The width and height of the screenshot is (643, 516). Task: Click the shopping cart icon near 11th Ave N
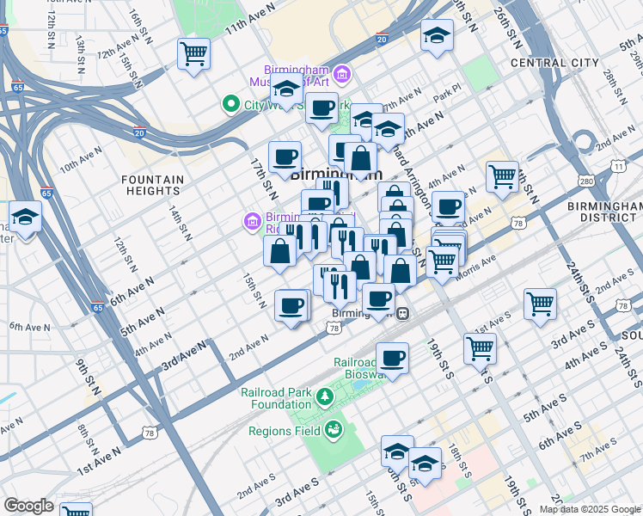click(x=194, y=53)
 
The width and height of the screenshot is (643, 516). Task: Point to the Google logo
click(x=28, y=506)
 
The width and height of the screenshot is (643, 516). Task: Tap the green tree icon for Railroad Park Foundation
click(x=325, y=396)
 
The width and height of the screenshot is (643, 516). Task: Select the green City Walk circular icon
click(x=230, y=105)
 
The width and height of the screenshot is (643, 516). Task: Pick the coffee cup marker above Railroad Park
click(x=392, y=358)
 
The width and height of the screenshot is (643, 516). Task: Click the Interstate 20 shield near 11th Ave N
click(x=382, y=39)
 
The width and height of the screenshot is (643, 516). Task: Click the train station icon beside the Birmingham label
click(x=401, y=314)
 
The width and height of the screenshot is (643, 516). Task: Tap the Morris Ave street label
click(x=482, y=261)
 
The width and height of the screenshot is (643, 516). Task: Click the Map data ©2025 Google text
click(x=590, y=509)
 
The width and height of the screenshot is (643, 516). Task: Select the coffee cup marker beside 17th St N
click(x=285, y=157)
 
